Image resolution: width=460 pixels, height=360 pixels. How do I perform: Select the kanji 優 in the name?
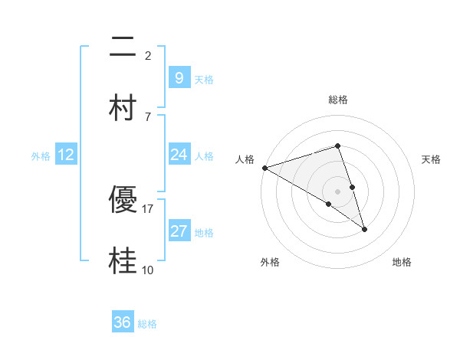123,200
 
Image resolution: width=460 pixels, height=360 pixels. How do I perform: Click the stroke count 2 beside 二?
148,55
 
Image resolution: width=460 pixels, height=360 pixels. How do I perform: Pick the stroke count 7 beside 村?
148,116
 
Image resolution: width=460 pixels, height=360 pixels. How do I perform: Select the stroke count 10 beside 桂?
148,270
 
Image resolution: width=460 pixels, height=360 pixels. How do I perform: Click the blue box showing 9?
179,78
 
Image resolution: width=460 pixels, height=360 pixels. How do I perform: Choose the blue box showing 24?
179,155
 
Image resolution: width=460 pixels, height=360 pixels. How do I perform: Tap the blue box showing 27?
179,231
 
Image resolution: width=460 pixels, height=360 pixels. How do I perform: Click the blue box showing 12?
66,155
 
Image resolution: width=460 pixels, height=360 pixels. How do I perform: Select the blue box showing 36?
123,322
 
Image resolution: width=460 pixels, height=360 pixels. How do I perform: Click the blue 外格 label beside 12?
41,155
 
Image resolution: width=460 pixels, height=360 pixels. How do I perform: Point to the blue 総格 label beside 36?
147,324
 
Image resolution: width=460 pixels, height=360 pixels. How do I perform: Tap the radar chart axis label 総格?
338,100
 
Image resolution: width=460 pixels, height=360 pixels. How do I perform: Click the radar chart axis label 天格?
431,159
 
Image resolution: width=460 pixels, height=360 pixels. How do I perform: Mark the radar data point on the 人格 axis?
264,167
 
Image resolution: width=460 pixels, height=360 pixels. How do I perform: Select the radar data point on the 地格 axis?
364,229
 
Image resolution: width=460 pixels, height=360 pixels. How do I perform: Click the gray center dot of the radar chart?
338,191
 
